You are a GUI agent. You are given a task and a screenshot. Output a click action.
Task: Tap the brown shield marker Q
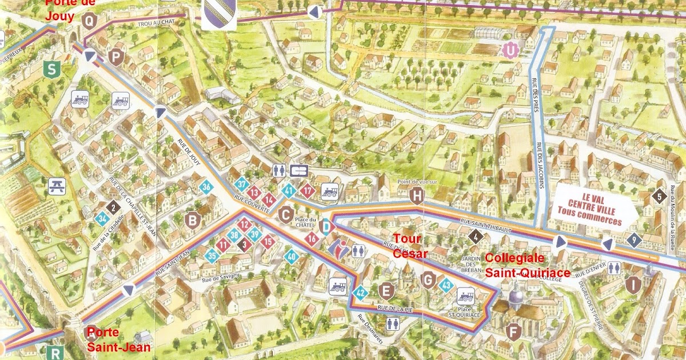[x=89, y=21]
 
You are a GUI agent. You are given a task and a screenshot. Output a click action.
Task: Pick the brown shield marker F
[x=514, y=331]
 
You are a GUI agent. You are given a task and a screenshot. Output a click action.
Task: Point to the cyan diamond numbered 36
[x=206, y=186]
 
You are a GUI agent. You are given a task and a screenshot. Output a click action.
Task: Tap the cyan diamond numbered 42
[x=360, y=293]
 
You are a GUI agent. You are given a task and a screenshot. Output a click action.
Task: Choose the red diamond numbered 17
[x=308, y=190]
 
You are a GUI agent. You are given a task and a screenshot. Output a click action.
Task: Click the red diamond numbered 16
[x=312, y=238]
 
